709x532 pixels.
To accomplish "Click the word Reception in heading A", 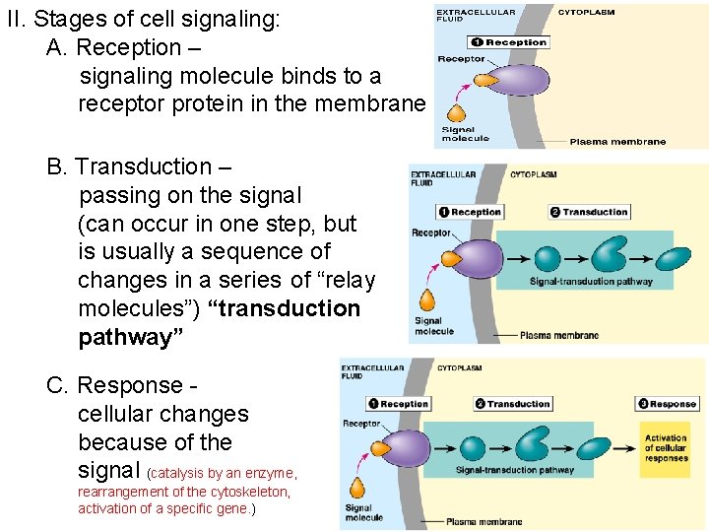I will [x=129, y=47].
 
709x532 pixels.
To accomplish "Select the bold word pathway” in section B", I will [x=125, y=337].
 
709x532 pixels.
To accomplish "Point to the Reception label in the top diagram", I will [x=508, y=42].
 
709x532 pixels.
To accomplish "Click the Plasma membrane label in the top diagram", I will [x=617, y=142].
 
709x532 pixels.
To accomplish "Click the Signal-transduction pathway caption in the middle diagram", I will [x=591, y=282].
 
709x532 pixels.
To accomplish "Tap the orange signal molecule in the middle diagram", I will [x=428, y=299].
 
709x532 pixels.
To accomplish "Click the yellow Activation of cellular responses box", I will [x=666, y=449].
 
